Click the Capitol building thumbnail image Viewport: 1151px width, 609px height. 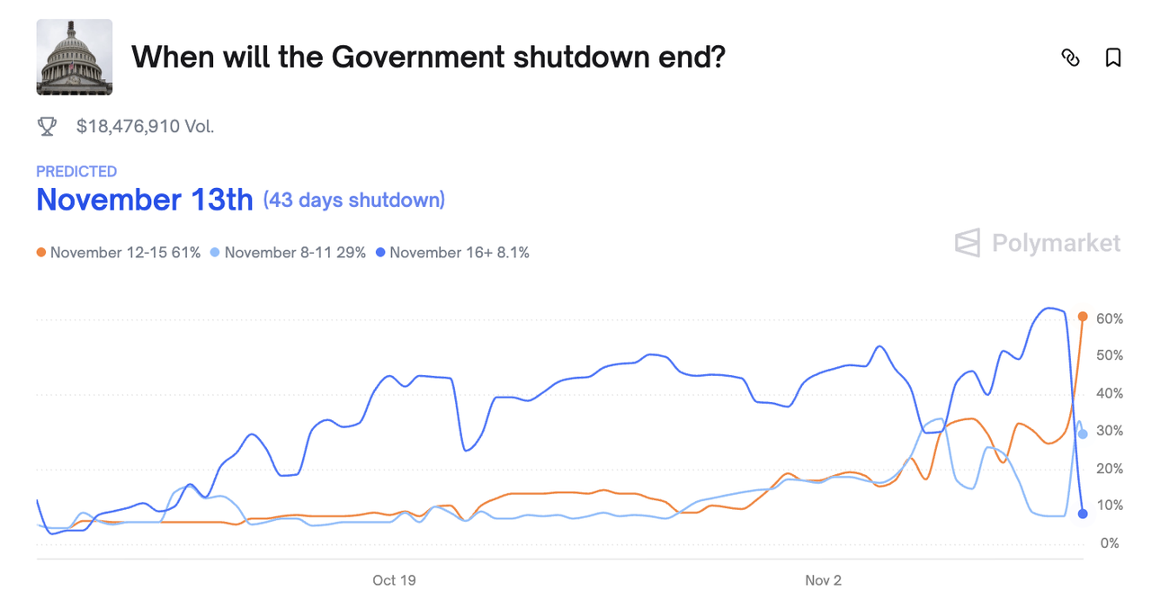(x=75, y=58)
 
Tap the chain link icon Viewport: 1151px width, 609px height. (x=1070, y=58)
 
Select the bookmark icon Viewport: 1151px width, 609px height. (x=1112, y=58)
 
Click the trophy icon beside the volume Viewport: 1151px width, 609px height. (x=48, y=127)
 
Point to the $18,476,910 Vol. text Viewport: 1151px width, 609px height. (x=145, y=127)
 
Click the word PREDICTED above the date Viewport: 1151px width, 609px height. (x=76, y=171)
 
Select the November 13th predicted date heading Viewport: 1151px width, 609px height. (x=144, y=200)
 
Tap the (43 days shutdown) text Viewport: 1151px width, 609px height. (x=354, y=200)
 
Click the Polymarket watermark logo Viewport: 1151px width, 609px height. (x=1038, y=243)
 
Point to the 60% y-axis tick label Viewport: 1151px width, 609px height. (x=1109, y=319)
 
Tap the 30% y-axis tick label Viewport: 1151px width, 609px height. (x=1109, y=432)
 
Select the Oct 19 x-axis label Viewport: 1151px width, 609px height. (x=394, y=581)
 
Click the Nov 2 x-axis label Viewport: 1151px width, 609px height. (x=823, y=581)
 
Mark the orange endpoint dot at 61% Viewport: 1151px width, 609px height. (x=1083, y=317)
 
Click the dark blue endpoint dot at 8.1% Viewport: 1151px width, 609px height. (x=1083, y=514)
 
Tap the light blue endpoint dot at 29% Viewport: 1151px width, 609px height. (x=1083, y=434)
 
